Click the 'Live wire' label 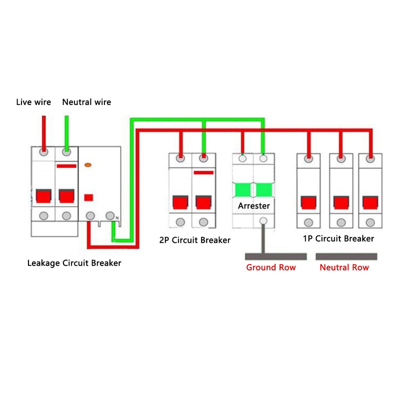(33, 102)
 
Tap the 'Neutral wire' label (86, 102)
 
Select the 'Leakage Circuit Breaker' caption (74, 263)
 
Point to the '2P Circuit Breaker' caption (195, 240)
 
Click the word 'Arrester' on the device (254, 206)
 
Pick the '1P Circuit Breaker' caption (338, 238)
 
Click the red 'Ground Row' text (271, 267)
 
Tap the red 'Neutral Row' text (344, 267)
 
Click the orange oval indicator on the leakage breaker (88, 165)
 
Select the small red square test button (88, 197)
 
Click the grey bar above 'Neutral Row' (346, 256)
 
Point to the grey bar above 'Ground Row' (276, 256)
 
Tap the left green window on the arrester (243, 190)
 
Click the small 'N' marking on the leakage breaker (117, 218)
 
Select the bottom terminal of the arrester (263, 220)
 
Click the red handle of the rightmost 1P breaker (370, 202)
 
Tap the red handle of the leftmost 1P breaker (308, 202)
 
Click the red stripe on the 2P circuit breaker (203, 172)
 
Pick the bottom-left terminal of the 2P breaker (180, 222)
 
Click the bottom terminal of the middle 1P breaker (341, 222)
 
